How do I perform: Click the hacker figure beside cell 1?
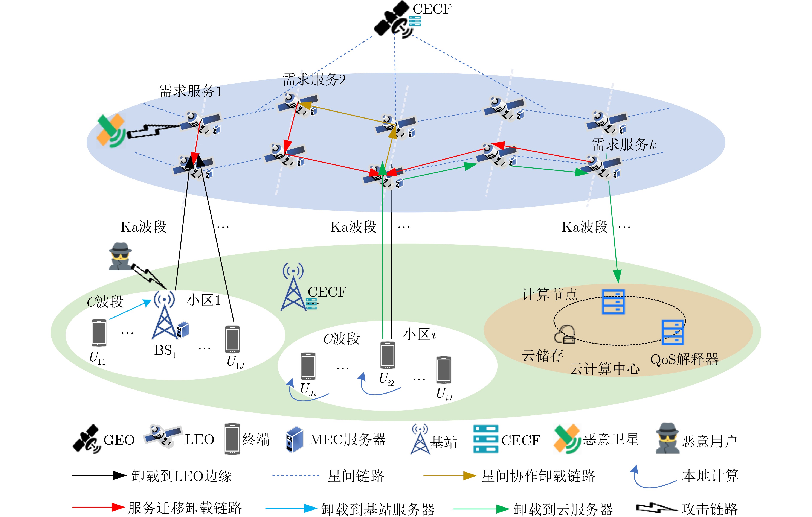120,257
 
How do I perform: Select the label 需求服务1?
191,91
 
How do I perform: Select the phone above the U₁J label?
232,339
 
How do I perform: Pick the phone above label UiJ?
443,370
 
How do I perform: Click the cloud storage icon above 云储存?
565,334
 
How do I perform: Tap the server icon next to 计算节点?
613,302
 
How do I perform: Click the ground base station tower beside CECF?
293,289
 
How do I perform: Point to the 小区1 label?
204,300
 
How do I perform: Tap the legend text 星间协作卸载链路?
538,476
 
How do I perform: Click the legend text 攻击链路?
709,508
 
